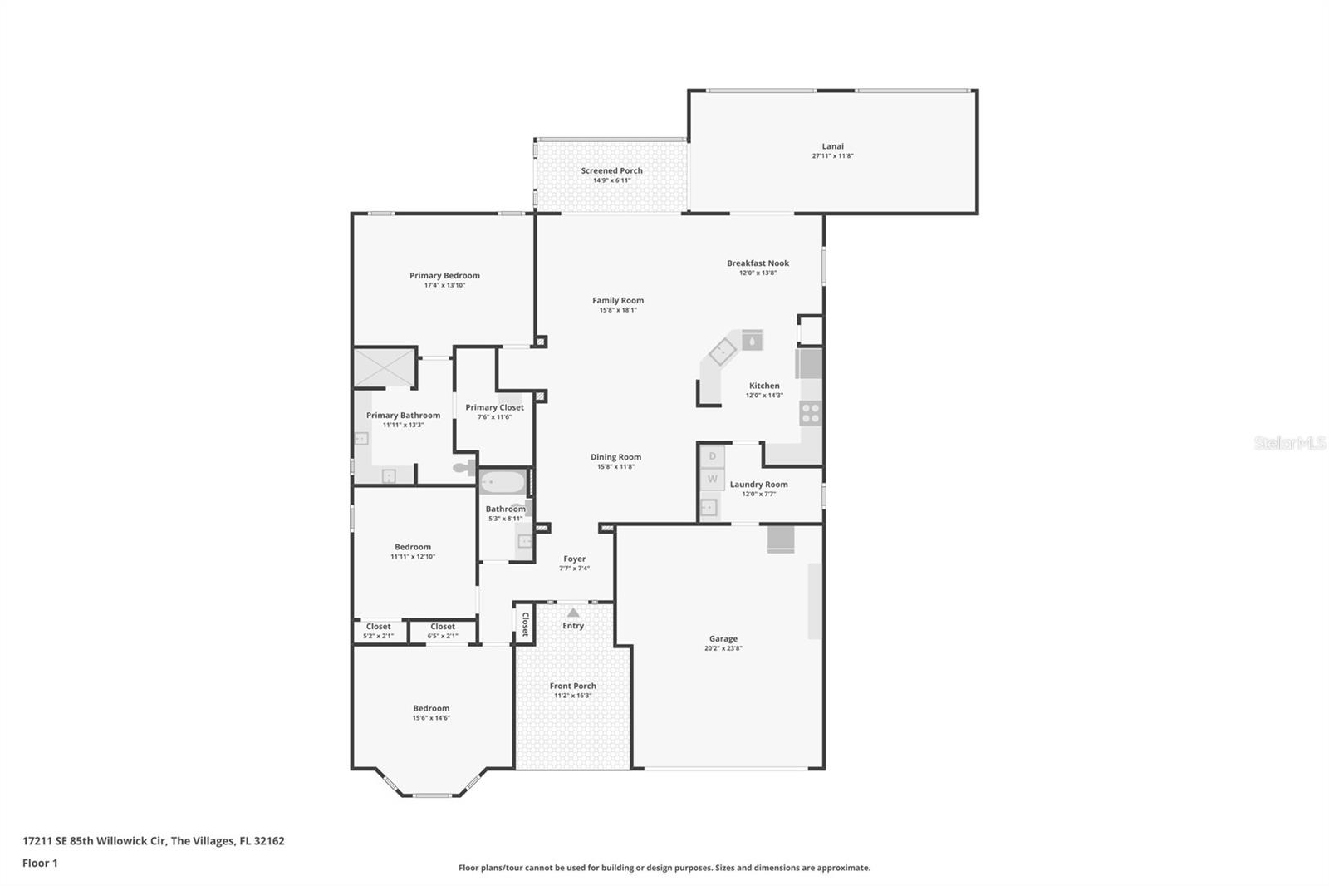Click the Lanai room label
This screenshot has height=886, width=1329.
click(832, 146)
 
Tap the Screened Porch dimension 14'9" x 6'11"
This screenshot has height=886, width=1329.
click(611, 180)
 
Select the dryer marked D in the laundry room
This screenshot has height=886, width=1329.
click(712, 456)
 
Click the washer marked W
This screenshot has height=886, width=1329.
click(712, 479)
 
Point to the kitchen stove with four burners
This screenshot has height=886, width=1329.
click(810, 412)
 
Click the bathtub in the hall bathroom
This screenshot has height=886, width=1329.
click(503, 482)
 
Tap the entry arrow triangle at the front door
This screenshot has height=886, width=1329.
click(573, 613)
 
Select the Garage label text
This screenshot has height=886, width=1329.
click(723, 639)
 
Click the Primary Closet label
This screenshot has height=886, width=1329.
click(494, 407)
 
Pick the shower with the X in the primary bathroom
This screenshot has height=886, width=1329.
click(384, 367)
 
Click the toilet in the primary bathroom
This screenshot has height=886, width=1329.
click(463, 468)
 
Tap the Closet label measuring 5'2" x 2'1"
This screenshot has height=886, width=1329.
click(378, 627)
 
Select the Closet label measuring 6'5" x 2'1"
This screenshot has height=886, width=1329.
click(442, 627)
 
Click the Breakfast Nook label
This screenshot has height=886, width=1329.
click(758, 263)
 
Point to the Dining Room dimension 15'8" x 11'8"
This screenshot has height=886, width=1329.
click(615, 467)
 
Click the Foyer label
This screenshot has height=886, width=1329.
click(574, 559)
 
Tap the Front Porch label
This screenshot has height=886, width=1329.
click(572, 687)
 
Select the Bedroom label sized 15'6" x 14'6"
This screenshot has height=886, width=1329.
click(431, 709)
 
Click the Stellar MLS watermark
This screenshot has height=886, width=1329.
click(1289, 444)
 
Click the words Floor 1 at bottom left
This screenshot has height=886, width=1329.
click(40, 864)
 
